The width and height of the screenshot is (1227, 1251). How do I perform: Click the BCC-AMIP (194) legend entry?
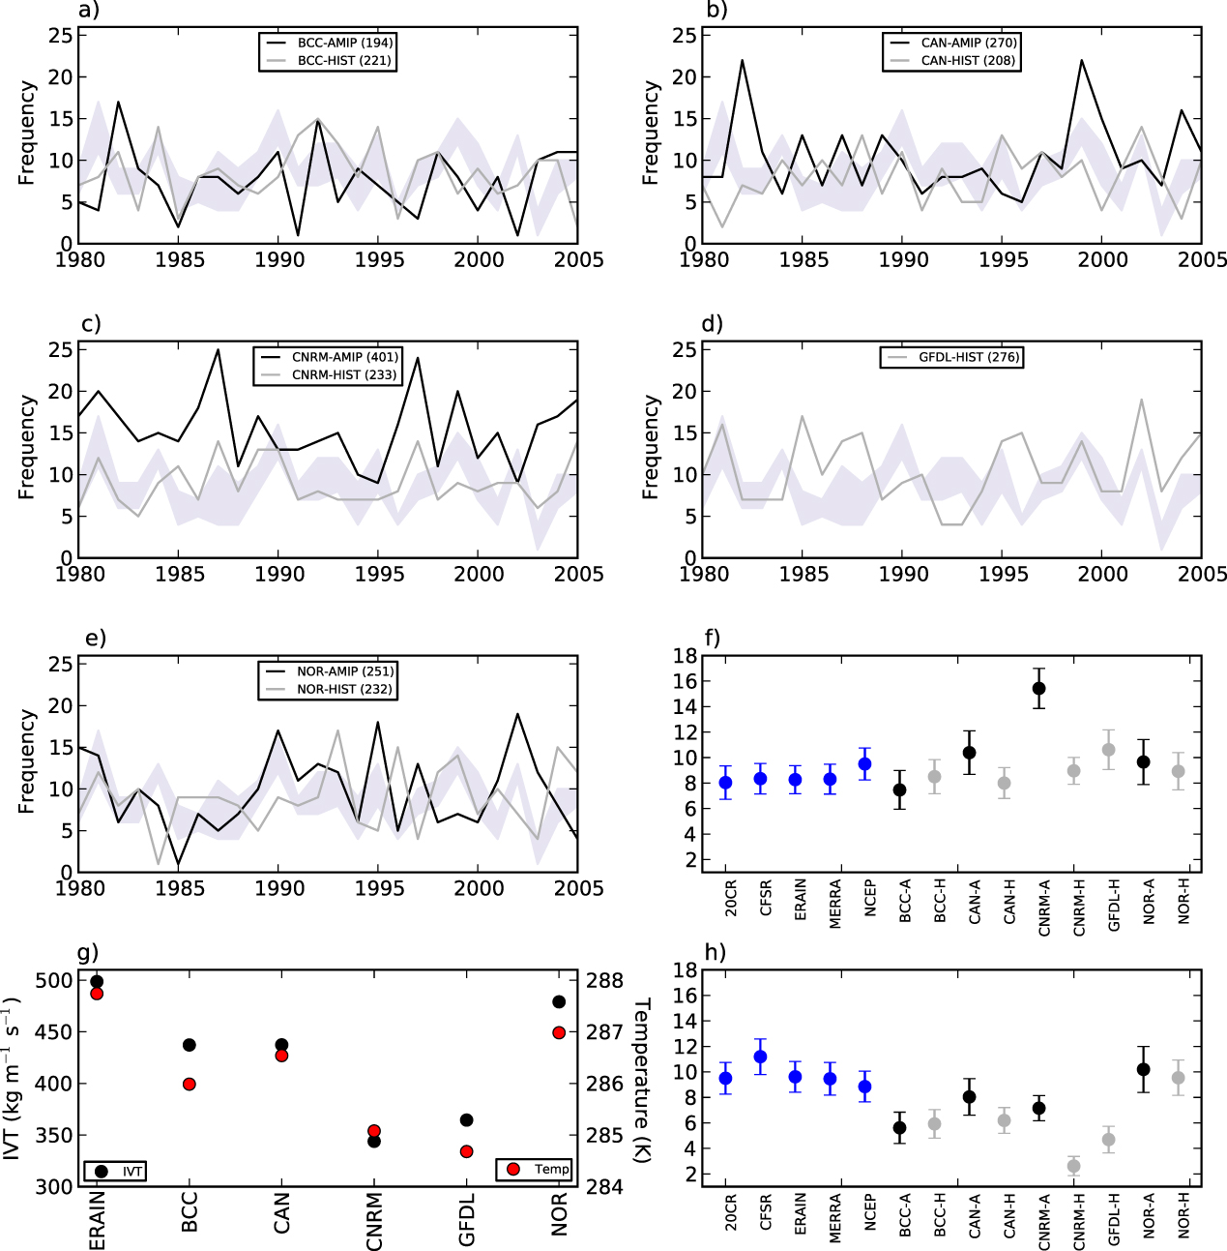tap(344, 43)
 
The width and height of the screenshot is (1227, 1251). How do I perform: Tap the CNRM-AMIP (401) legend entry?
tap(344, 357)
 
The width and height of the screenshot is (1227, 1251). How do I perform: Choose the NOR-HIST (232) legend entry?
tap(344, 689)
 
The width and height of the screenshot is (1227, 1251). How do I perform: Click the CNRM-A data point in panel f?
tap(1039, 688)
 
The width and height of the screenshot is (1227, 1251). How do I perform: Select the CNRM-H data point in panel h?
tap(1074, 1166)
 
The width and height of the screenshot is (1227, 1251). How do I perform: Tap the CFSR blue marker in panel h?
tap(761, 1057)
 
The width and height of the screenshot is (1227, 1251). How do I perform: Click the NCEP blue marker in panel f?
tap(865, 763)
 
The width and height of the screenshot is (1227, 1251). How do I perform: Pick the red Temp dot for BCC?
tap(190, 1084)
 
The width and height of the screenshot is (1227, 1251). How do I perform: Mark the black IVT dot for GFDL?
tap(467, 1119)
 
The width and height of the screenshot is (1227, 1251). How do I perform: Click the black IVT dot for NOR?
tap(559, 1001)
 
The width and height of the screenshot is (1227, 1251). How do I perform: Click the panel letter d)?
tap(712, 323)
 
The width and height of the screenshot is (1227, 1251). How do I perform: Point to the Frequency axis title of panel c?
tap(27, 446)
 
